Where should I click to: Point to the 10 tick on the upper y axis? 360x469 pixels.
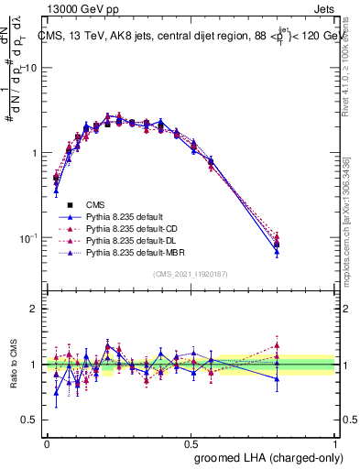pos(31,68)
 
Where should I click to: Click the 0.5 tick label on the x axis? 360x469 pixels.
pos(191,443)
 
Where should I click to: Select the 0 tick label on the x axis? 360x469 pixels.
pos(47,443)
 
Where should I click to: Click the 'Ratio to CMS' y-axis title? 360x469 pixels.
pos(13,364)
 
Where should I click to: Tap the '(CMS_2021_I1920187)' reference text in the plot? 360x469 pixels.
pos(191,273)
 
